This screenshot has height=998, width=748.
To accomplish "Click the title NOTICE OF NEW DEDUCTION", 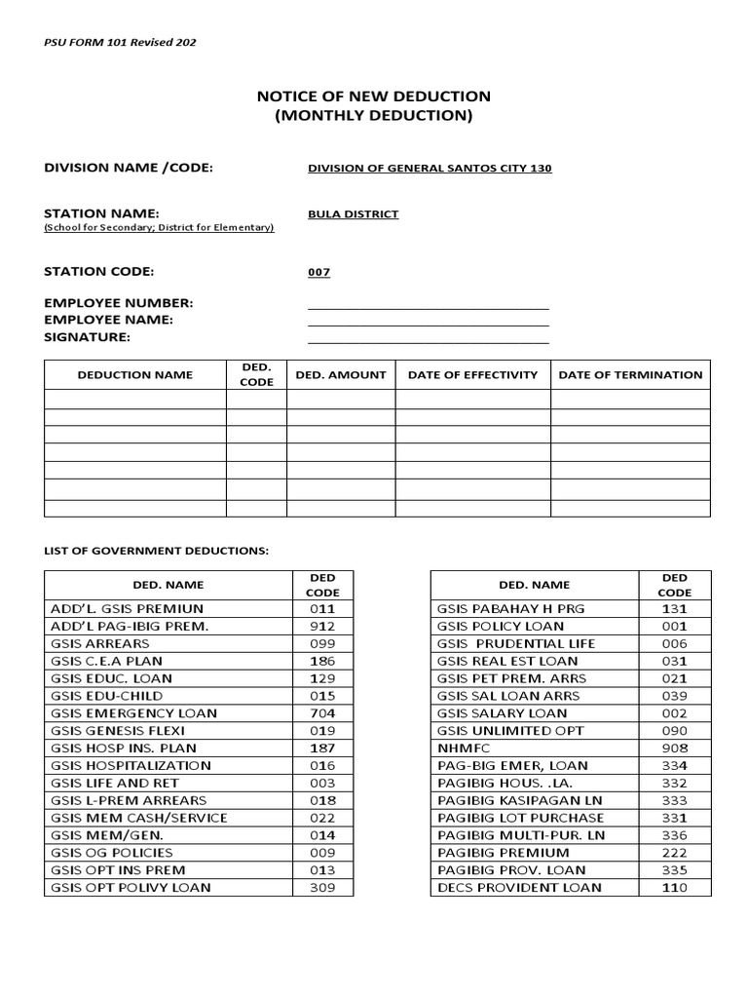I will click(373, 96).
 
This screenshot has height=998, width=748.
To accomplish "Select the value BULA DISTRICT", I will click(353, 214).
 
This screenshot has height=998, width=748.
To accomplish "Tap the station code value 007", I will click(319, 273).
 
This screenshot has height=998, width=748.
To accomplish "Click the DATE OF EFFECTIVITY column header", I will click(472, 374).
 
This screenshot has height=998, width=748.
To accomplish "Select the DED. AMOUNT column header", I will click(340, 374).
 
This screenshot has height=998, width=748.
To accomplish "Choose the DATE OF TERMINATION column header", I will click(630, 374).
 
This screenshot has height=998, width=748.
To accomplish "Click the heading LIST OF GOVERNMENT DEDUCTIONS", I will click(156, 551).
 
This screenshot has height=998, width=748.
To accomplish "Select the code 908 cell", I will click(674, 748).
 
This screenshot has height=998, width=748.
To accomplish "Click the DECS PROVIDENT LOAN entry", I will click(519, 887).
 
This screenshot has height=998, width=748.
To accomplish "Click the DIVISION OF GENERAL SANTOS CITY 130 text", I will click(430, 169).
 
